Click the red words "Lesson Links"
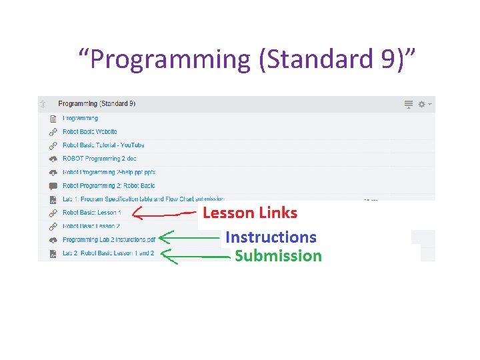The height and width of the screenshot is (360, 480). point(250,213)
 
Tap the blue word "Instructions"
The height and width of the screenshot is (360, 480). point(271,237)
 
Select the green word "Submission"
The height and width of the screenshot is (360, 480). point(278,255)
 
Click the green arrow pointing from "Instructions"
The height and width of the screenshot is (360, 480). point(191,237)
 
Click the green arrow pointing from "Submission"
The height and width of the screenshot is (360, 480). point(195,255)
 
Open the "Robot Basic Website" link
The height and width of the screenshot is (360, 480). point(90,132)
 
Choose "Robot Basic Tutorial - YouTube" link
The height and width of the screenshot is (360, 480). point(103,145)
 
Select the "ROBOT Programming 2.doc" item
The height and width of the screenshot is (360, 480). point(99,159)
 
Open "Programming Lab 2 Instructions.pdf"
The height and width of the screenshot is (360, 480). point(109,239)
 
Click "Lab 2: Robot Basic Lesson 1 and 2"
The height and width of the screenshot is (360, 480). point(108,253)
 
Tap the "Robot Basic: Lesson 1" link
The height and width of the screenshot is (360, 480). point(91,213)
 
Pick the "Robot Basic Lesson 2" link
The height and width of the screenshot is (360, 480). point(91,226)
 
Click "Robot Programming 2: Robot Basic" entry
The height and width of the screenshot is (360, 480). point(109,186)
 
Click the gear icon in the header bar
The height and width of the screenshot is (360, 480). point(421,105)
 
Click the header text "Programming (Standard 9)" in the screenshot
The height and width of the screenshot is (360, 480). point(97,104)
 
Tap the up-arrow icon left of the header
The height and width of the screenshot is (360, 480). point(43,104)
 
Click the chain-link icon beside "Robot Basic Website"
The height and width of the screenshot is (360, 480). point(53,132)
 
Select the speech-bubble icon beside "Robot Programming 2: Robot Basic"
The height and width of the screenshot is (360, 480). point(53,186)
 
